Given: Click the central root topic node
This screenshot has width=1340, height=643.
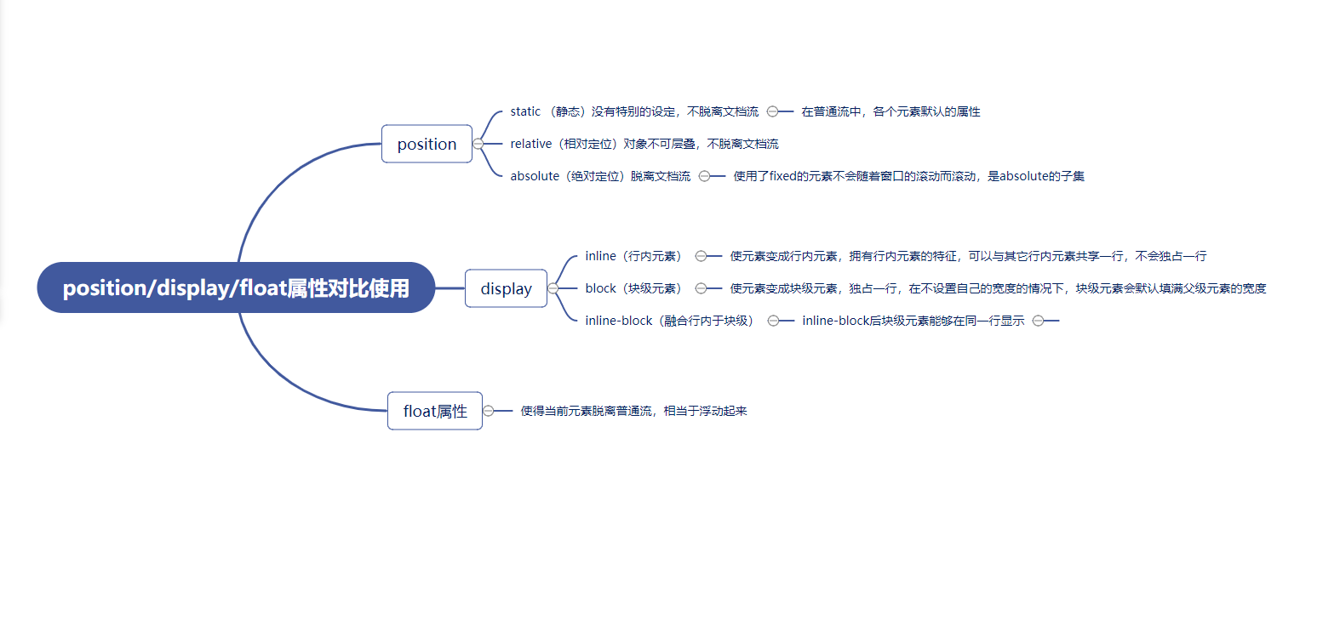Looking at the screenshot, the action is pos(236,288).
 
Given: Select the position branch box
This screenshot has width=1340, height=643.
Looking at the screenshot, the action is pos(427,145).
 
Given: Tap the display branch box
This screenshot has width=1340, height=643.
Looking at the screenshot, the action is pos(506,289).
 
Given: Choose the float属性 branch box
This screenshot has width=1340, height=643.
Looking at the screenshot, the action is pos(435,412).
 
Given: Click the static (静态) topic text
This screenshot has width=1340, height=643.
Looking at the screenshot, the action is pos(633,111).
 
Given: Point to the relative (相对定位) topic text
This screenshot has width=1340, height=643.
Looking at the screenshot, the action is pos(644,144).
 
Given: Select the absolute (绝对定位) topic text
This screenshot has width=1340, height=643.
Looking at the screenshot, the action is pos(600,176).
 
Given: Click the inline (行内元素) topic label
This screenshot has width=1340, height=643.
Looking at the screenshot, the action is pos(633,256).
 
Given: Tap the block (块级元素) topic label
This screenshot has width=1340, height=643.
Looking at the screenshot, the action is pos(633,288).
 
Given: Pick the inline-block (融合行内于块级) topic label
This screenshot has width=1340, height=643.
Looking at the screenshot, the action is pos(670,321).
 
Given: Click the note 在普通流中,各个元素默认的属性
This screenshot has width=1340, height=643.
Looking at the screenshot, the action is pos(890,111).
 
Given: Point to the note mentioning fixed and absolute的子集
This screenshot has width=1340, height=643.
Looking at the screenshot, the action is pos(908,176).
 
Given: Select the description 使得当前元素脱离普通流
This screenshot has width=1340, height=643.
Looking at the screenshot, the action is pos(633,411).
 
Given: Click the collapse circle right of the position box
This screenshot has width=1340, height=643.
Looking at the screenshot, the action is pos(478,144).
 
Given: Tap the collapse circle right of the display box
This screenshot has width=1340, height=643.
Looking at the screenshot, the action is pos(553,288).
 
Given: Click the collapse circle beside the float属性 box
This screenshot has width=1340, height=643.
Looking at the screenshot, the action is pos(488,411).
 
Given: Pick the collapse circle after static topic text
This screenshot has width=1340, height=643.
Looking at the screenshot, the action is pos(772,111).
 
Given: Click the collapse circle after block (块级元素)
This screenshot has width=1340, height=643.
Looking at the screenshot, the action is pos(701,288).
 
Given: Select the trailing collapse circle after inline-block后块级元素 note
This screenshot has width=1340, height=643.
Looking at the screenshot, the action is pos(1038,321).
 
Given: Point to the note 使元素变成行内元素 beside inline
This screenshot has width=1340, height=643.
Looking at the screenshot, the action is pos(968,256).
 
